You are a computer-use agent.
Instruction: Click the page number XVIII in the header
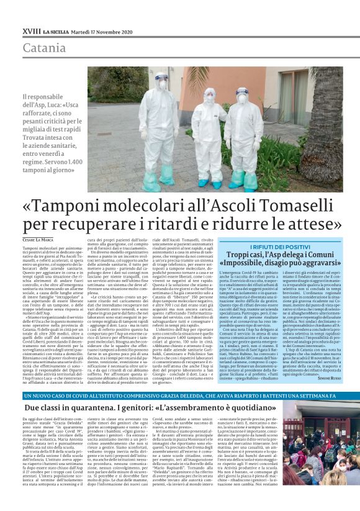[30, 30]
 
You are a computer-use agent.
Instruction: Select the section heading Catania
[44, 48]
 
